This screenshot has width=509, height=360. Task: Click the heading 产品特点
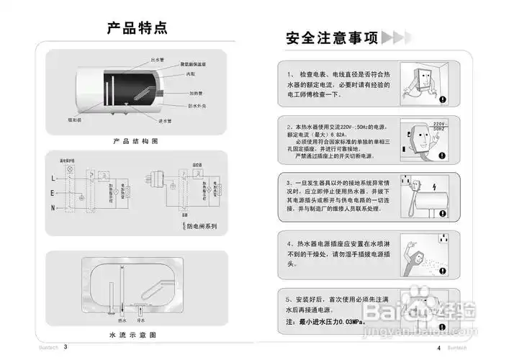tap(137, 28)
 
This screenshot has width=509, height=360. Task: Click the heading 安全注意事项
tap(332, 38)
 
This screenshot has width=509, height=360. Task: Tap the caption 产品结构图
tap(135, 141)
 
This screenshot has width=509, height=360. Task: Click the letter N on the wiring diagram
tap(53, 208)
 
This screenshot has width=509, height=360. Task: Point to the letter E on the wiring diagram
tap(53, 193)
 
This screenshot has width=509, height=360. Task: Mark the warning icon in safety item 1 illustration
tap(443, 100)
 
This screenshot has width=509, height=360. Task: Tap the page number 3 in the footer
tap(66, 346)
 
